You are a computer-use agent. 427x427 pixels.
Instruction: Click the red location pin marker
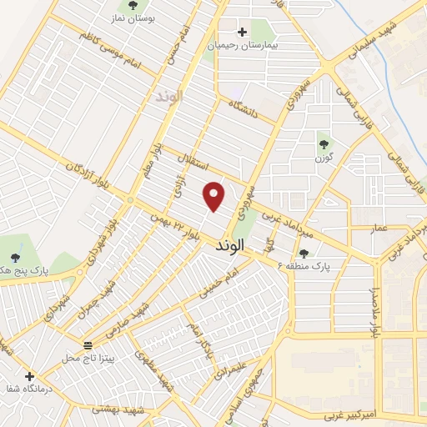214,197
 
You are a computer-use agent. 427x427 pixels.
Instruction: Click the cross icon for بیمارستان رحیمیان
243,32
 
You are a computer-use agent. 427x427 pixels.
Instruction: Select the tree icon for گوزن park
322,144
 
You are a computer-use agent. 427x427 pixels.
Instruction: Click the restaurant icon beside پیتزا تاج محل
88,345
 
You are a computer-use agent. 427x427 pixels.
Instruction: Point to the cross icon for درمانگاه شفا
31,376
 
